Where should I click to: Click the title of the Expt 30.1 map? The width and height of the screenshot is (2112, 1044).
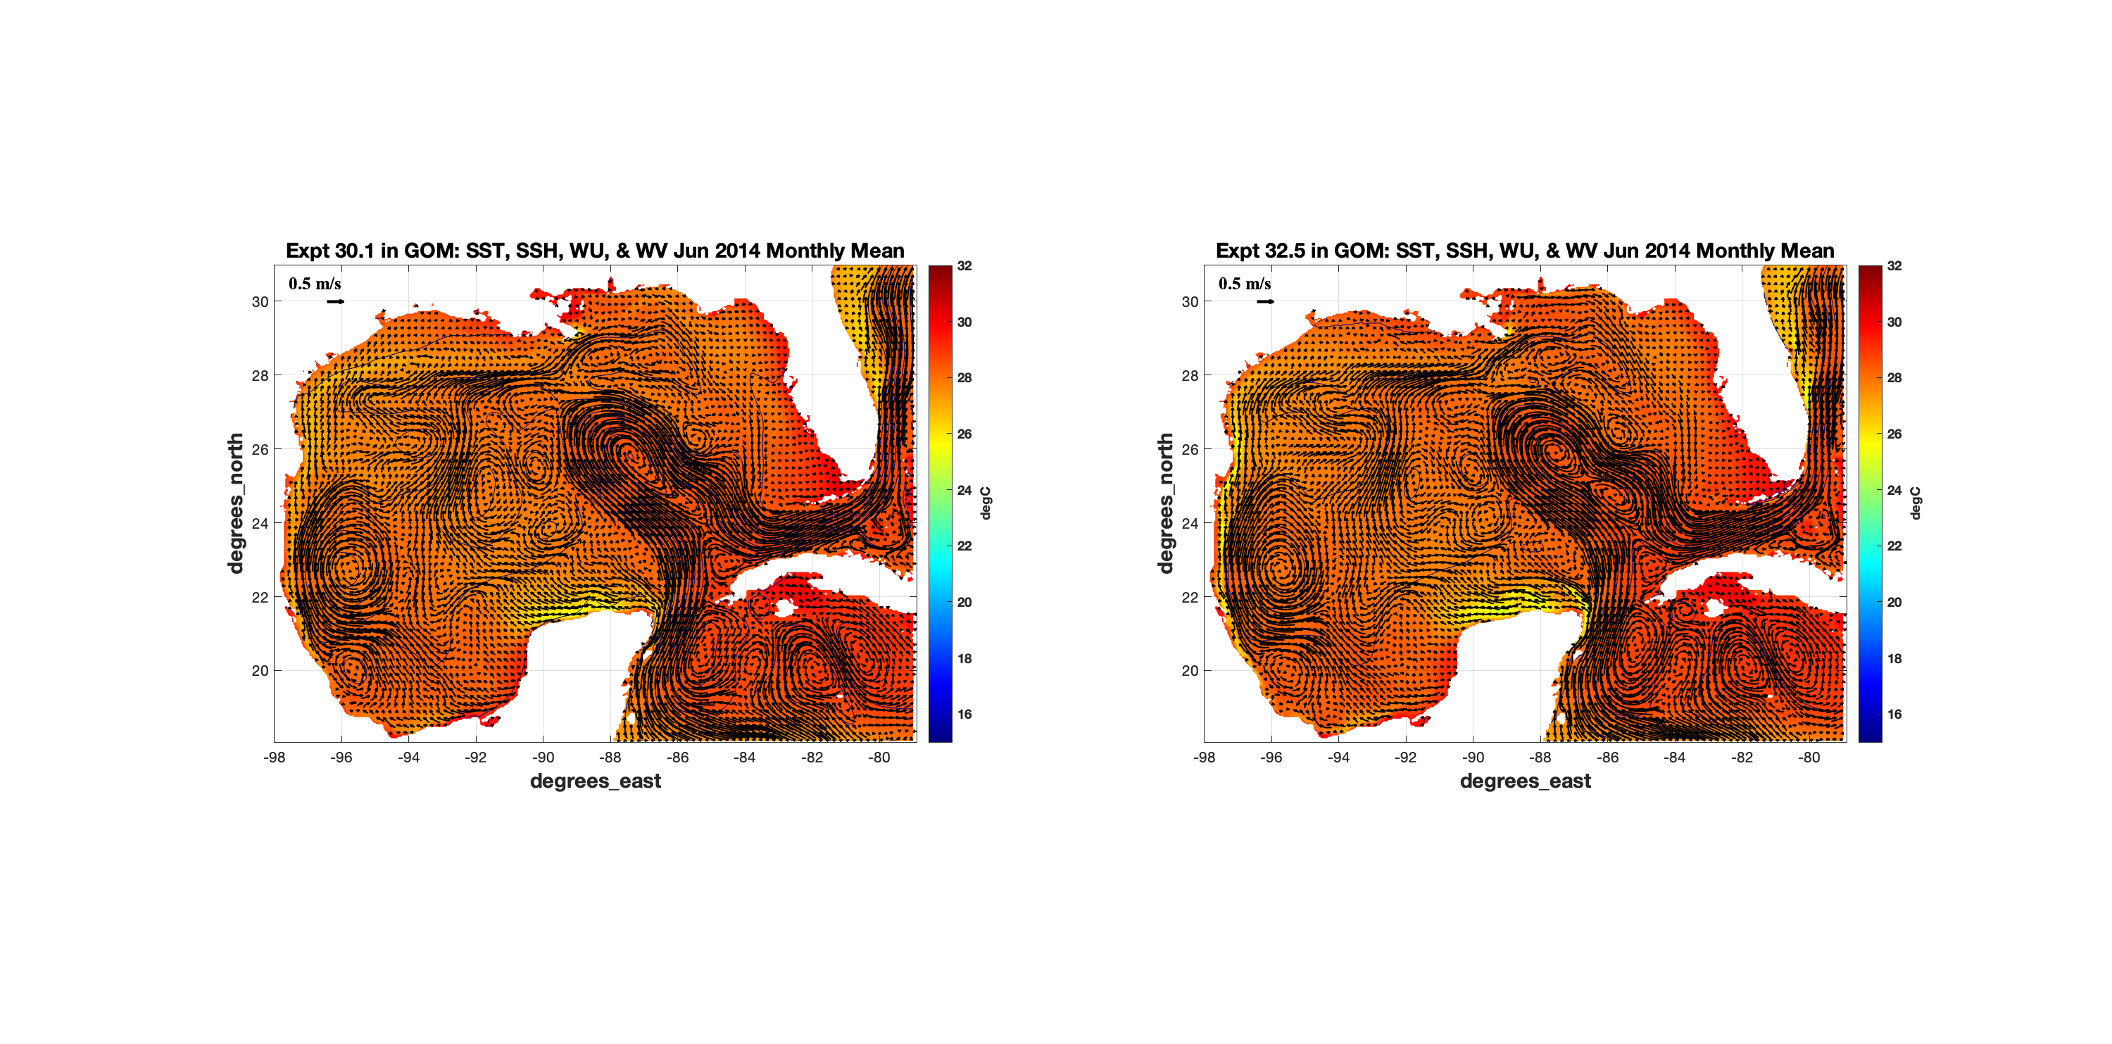pos(594,250)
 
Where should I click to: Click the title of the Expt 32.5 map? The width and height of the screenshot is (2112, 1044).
pos(1524,250)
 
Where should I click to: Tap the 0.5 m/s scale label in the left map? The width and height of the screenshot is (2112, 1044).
pos(315,284)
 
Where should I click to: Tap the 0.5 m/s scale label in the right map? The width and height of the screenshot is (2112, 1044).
pos(1245,284)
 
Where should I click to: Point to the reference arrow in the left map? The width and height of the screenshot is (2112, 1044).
pos(335,302)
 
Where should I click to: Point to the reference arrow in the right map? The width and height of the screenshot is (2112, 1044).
pos(1265,302)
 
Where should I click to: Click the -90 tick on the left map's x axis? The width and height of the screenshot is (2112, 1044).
pos(543,757)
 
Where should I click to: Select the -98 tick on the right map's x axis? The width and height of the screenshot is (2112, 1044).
pos(1204,757)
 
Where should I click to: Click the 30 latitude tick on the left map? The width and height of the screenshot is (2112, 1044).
pos(260,302)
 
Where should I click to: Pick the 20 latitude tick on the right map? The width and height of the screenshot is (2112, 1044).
pos(1190,671)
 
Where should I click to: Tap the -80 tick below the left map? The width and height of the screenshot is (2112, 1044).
pos(879,757)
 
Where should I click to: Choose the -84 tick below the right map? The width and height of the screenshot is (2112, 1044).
pos(1674,757)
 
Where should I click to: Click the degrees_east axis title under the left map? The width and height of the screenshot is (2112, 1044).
pos(595,781)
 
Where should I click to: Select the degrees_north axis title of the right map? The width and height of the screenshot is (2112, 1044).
pos(1165,503)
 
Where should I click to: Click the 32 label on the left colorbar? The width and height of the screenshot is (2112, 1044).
pos(964,265)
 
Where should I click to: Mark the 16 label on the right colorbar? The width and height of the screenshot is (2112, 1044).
pos(1894,715)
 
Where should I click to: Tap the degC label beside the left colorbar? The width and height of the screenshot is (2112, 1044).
pos(986,503)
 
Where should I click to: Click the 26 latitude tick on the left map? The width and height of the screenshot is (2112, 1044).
pos(260,449)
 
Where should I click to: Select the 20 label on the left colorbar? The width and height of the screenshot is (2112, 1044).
pos(964,602)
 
